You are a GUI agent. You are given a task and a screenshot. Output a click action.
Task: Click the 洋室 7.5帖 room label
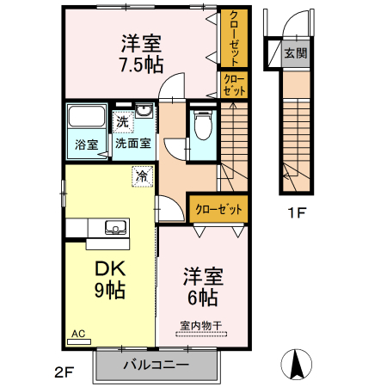coord(141,53)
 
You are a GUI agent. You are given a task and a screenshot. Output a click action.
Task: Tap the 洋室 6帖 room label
coord(203,287)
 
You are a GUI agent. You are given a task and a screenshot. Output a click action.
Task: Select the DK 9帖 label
coord(110,279)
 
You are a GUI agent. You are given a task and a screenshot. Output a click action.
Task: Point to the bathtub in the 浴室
coord(87,116)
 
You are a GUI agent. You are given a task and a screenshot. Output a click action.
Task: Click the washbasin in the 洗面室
coord(144,110)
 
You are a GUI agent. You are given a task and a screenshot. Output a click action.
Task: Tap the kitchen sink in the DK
coord(116,228)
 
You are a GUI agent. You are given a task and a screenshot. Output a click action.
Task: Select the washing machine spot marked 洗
coord(123,122)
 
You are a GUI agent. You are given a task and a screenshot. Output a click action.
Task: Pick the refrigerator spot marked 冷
coord(142,176)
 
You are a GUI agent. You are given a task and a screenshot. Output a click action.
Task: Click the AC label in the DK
coord(78,334)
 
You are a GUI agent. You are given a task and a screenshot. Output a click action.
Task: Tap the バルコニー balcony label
coord(157,365)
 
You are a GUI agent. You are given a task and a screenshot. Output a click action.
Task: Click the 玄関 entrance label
coord(296,53)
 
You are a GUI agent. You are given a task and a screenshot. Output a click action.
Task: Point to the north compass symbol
coord(296,364)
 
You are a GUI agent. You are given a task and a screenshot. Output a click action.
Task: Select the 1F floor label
coord(297,212)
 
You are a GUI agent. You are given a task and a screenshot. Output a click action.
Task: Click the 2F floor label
coord(64,372)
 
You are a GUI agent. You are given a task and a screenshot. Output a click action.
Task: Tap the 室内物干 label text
coord(201,326)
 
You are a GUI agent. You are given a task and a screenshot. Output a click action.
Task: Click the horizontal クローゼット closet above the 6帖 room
coord(218,209)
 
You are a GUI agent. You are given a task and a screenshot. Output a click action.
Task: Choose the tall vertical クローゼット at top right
coord(234,39)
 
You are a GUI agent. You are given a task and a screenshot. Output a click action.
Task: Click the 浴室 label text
coord(87,144)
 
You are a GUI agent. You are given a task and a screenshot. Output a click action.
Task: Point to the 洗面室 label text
coord(133,144)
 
